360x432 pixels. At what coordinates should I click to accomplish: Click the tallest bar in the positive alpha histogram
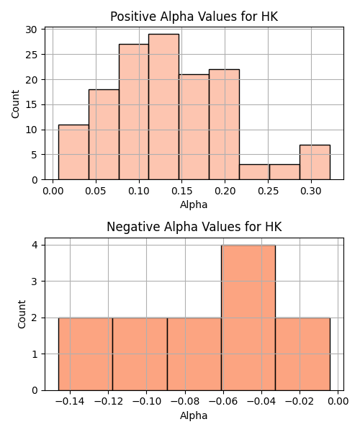click(x=163, y=107)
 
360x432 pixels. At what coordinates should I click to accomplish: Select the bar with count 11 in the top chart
click(x=73, y=152)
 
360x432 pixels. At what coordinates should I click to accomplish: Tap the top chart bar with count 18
click(x=104, y=135)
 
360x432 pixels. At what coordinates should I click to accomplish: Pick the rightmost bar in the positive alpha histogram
click(x=315, y=162)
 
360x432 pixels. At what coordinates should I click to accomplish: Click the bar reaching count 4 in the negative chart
click(x=248, y=318)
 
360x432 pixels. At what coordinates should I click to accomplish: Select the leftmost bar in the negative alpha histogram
click(x=86, y=354)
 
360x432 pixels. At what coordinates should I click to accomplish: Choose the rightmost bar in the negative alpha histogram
click(x=302, y=354)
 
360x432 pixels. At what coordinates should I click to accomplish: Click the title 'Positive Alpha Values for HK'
click(x=194, y=17)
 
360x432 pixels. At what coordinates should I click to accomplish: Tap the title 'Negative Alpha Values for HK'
click(x=194, y=227)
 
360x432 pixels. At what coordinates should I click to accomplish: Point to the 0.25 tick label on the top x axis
click(x=268, y=191)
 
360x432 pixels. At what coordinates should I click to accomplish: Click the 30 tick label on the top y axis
click(x=31, y=30)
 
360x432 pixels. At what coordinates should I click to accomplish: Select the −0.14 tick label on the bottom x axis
click(x=70, y=402)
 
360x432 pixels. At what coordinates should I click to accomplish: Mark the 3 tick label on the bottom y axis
click(x=35, y=282)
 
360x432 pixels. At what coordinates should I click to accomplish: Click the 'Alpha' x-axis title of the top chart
click(x=194, y=204)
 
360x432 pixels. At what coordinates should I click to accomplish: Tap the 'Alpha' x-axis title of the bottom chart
click(x=194, y=415)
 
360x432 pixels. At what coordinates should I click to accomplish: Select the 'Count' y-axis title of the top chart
click(x=15, y=104)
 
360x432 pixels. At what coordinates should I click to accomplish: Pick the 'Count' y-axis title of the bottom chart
click(x=22, y=314)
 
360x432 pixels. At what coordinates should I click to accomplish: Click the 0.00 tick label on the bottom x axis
click(x=338, y=402)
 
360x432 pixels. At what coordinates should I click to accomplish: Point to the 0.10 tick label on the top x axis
click(x=139, y=191)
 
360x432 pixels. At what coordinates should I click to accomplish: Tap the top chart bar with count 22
click(x=224, y=125)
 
